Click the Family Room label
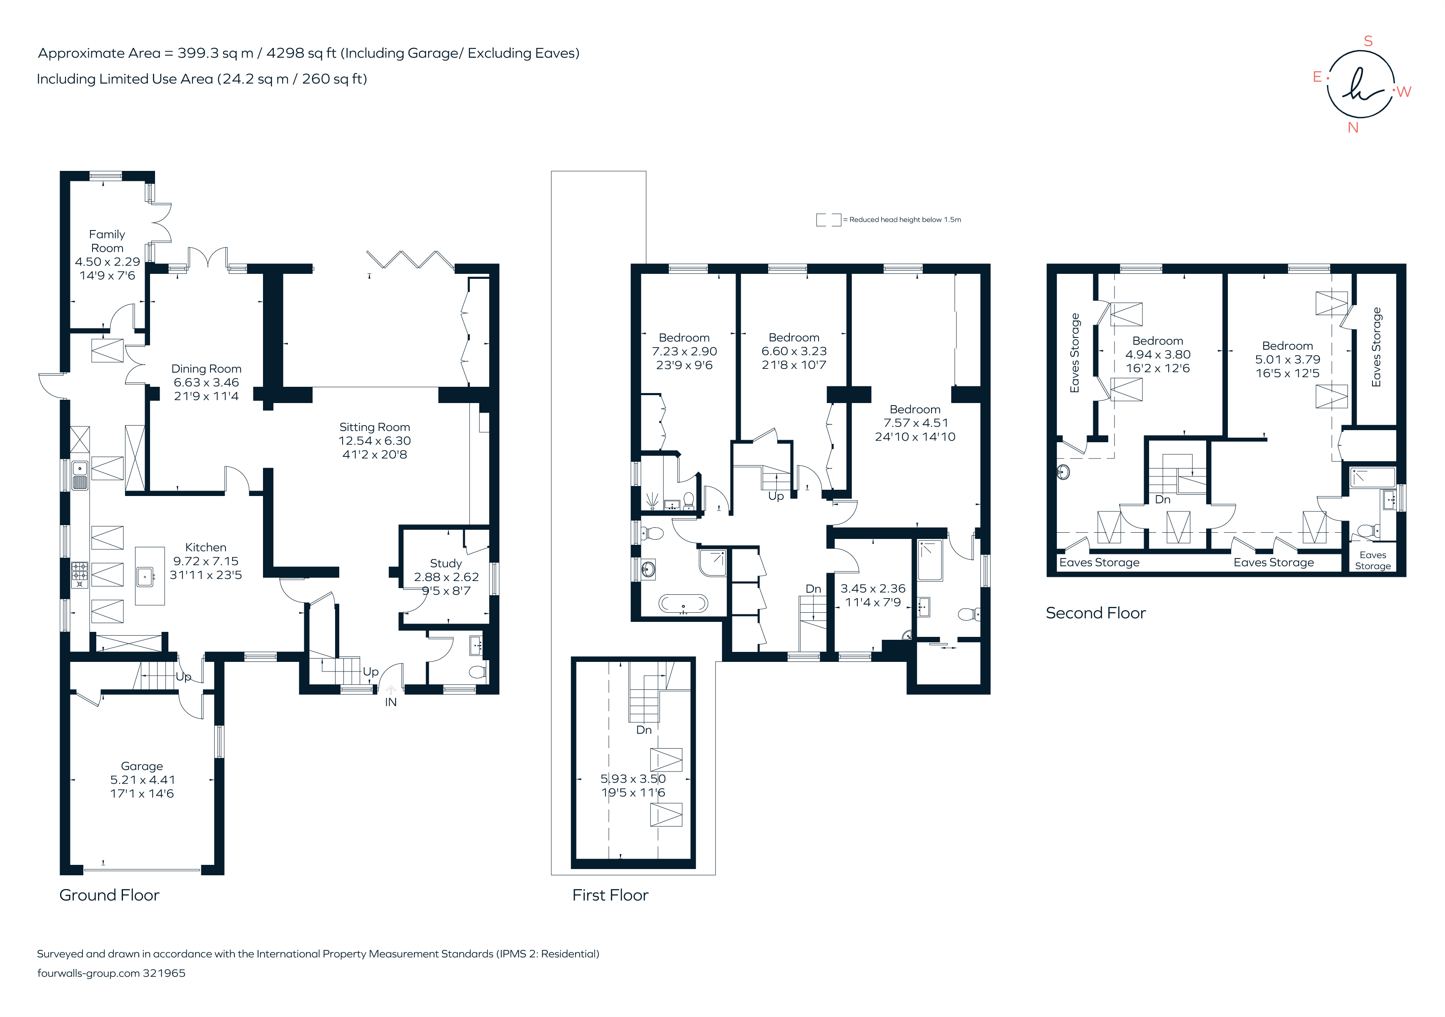tap(107, 241)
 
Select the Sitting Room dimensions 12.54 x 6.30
tap(374, 441)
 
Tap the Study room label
tap(446, 563)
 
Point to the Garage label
tap(142, 766)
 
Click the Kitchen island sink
tap(145, 576)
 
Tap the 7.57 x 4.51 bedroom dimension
tap(915, 423)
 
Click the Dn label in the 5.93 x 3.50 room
tap(643, 730)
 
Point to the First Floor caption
tap(610, 895)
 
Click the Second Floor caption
tap(1095, 613)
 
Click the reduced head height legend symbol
tap(828, 220)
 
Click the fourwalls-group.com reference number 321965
tap(164, 973)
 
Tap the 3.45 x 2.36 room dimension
tap(873, 589)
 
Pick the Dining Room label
tap(206, 369)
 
